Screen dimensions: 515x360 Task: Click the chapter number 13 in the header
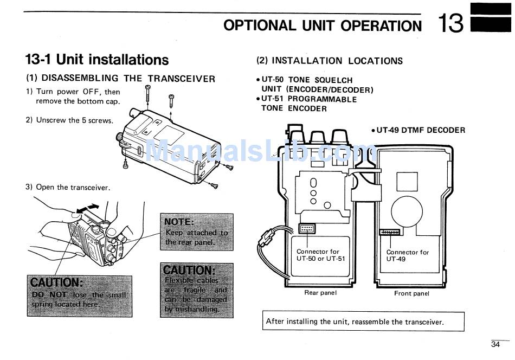[450, 23]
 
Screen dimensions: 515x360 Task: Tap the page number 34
[495, 344]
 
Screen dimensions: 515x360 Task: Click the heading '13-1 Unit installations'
[97, 60]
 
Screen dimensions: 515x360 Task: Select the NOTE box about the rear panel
[197, 232]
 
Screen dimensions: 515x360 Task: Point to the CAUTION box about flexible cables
[197, 290]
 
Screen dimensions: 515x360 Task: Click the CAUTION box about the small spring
[80, 296]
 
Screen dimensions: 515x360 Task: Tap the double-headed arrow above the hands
[87, 208]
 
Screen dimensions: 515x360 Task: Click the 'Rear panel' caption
[320, 293]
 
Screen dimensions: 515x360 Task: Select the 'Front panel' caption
[411, 293]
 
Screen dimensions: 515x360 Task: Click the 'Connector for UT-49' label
[407, 255]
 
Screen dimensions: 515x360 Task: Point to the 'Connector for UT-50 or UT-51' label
[320, 255]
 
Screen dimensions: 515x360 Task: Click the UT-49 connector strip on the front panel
[390, 232]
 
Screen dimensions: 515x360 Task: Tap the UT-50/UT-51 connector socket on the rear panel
[307, 228]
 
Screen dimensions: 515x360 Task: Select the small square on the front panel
[407, 182]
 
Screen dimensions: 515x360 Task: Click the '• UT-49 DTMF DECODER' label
[418, 130]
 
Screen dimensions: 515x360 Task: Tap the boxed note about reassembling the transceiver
[363, 322]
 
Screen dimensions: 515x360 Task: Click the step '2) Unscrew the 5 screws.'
[69, 120]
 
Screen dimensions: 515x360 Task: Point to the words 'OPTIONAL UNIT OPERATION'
[323, 25]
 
